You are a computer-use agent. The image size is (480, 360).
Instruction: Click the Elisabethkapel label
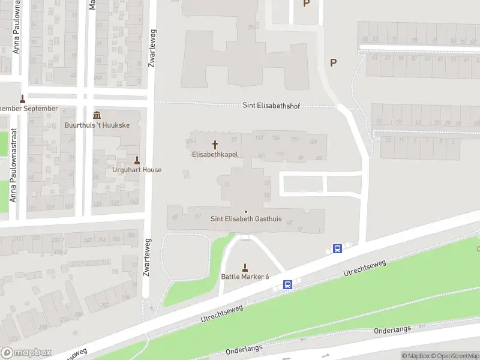pos(215,154)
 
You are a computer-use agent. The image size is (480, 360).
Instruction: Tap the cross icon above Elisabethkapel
pos(215,145)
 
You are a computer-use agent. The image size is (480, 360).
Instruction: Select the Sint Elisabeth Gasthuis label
pos(246,219)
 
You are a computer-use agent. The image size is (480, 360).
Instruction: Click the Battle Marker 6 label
pos(245,277)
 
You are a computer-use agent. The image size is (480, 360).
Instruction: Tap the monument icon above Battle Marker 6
pos(245,267)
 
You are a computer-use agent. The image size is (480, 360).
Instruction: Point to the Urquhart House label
pos(137,170)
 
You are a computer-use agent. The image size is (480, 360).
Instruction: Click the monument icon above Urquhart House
pos(137,160)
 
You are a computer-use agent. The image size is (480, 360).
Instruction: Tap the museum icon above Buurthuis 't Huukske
pos(97,116)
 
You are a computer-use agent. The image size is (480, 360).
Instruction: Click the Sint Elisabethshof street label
pos(271,106)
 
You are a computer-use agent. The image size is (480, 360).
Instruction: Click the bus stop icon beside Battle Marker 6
pos(288,285)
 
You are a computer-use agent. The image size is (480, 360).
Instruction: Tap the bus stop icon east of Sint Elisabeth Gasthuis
pos(337,248)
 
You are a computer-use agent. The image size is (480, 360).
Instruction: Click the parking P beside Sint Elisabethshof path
pos(334,62)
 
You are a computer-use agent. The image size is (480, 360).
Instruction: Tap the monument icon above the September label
pos(23,99)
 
